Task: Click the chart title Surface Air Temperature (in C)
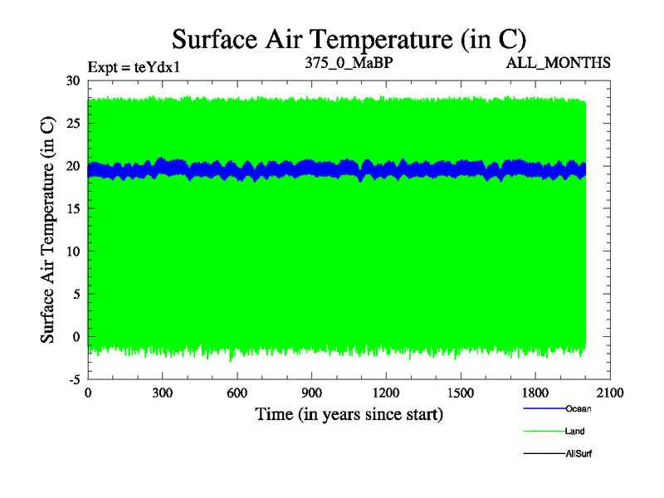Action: click(349, 38)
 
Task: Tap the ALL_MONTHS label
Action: click(569, 62)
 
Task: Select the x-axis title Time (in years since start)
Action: click(349, 413)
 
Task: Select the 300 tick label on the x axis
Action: click(163, 393)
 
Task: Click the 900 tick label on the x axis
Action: click(312, 393)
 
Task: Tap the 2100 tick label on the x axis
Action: click(611, 393)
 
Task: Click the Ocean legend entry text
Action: click(579, 408)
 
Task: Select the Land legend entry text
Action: click(576, 431)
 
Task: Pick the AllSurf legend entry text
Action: click(579, 453)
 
